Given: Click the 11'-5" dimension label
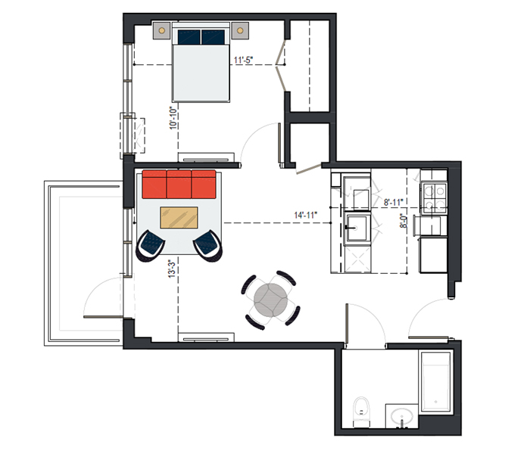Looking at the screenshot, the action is [243, 60].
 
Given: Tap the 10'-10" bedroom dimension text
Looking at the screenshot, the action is [173, 118].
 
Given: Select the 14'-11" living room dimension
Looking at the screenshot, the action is [306, 215].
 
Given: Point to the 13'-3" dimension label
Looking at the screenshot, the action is [173, 269].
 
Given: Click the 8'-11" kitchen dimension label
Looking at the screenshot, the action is [394, 202].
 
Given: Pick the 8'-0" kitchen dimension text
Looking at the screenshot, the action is [404, 221].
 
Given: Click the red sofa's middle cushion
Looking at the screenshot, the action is [179, 185].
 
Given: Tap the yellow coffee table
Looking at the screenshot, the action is [179, 218].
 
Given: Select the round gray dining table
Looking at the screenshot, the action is [271, 300].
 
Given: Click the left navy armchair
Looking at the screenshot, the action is [150, 246].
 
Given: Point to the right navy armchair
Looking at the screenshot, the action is [208, 246].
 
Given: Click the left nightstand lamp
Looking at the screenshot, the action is [161, 31].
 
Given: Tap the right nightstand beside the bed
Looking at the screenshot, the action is [240, 31].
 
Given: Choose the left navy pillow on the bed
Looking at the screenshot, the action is [189, 37].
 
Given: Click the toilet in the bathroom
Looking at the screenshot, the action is [361, 412].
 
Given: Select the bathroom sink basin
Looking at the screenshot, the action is [401, 416].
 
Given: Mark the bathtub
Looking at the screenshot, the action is [435, 381].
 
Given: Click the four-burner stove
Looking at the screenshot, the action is [434, 198].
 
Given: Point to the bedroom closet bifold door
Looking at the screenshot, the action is [281, 65].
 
